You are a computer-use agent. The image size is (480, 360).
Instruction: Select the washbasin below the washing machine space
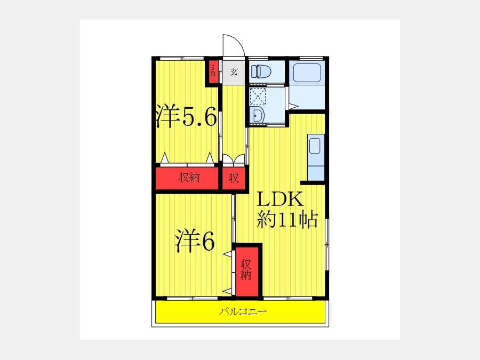coord(257,115)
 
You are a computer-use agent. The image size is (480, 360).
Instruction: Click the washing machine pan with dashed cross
coord(258,96)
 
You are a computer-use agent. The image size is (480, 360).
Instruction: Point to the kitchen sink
coord(315,146)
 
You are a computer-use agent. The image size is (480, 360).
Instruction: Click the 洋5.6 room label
coord(186,116)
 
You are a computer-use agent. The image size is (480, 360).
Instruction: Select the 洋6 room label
coord(195,241)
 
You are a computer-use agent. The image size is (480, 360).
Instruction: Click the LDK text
coord(280,199)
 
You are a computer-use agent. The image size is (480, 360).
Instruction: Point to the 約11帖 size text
coord(287,219)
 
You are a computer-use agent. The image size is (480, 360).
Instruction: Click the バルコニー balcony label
coord(243,311)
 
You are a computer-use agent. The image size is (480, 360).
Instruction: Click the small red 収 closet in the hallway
coord(234,178)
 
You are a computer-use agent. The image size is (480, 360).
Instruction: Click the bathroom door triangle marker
coord(293,107)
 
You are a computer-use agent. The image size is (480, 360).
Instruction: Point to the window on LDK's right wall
coord(326,244)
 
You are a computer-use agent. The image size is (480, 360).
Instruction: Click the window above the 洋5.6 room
coord(182,58)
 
